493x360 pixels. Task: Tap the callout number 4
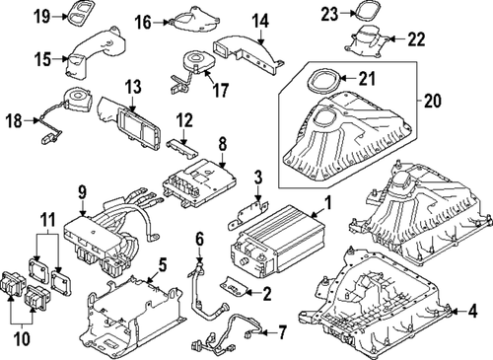(x=475, y=311)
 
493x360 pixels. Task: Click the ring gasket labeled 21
(x=321, y=79)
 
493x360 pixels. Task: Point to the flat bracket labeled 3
(x=249, y=209)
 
